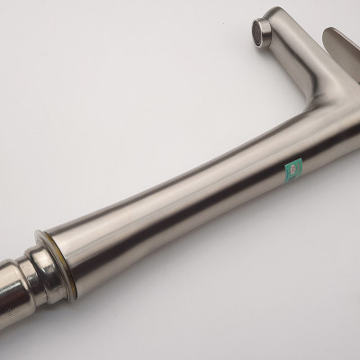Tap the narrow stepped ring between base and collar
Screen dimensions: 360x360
[x=32, y=297]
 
